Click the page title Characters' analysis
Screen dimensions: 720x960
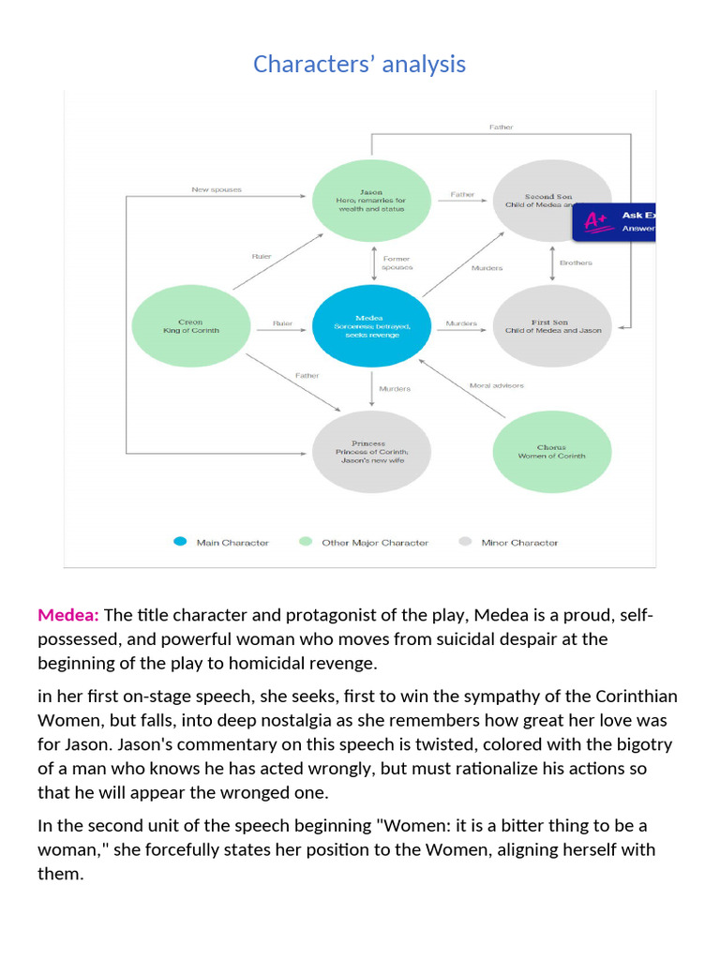pyautogui.click(x=359, y=64)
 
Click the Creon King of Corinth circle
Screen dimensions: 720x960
pyautogui.click(x=190, y=326)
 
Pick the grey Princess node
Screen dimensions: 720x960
pyautogui.click(x=371, y=451)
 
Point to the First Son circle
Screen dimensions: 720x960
pyautogui.click(x=551, y=325)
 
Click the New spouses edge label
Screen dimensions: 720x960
pyautogui.click(x=217, y=189)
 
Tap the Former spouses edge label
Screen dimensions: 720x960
pyautogui.click(x=397, y=263)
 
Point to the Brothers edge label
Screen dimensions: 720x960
pyautogui.click(x=576, y=262)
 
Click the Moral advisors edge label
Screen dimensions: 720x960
pyautogui.click(x=496, y=385)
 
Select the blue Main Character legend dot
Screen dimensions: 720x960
pyautogui.click(x=180, y=542)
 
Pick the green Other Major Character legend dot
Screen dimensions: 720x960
pyautogui.click(x=305, y=542)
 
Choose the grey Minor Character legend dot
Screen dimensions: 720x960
pyautogui.click(x=465, y=542)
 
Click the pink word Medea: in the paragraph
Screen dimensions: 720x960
pyautogui.click(x=68, y=615)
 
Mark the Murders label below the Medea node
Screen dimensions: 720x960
pyautogui.click(x=394, y=388)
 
